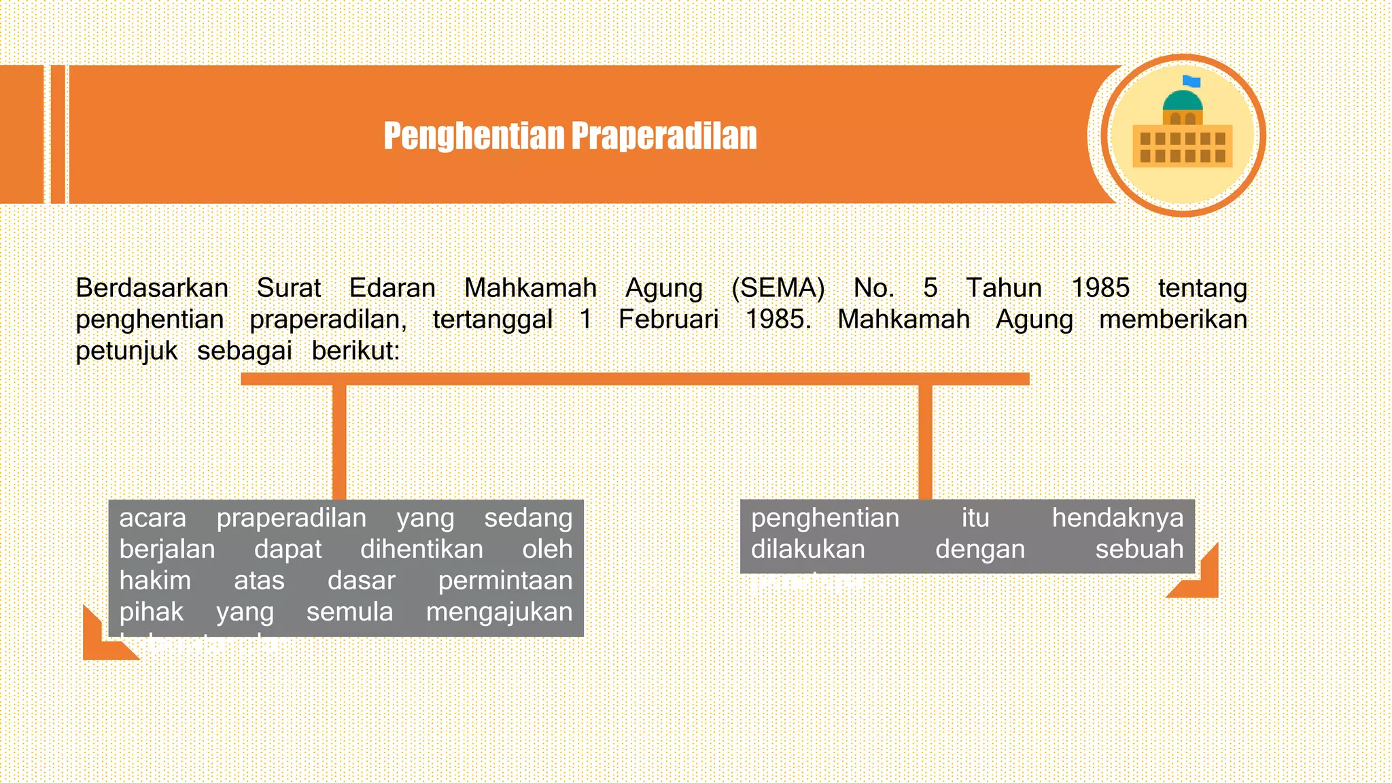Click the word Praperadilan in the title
click(x=664, y=136)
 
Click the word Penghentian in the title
click(x=474, y=136)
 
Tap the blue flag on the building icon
click(x=1191, y=82)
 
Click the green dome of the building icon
click(x=1183, y=101)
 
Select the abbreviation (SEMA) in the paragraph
click(x=778, y=288)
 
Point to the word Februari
click(x=668, y=319)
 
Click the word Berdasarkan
click(x=152, y=288)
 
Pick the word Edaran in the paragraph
click(x=392, y=288)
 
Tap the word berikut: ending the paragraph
click(x=355, y=351)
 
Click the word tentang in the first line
click(x=1202, y=288)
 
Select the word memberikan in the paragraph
click(x=1172, y=319)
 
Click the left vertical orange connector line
click(x=339, y=442)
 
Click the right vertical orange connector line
click(x=925, y=442)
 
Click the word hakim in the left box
click(x=155, y=580)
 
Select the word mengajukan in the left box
click(x=499, y=612)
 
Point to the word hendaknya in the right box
click(x=1117, y=518)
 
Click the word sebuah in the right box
click(x=1139, y=549)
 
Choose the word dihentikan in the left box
click(x=421, y=549)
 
